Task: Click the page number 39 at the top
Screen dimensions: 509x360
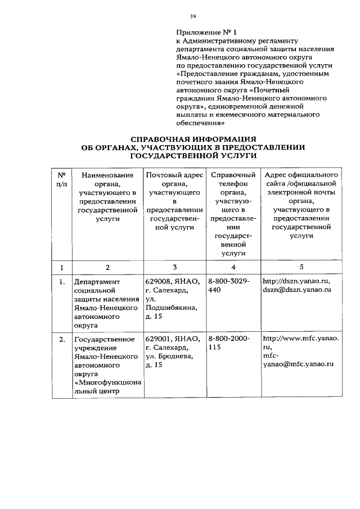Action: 192,17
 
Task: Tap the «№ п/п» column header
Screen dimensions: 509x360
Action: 62,179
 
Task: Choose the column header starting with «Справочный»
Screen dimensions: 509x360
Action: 232,214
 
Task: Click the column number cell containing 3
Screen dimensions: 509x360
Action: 175,267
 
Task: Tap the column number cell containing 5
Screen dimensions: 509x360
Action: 301,267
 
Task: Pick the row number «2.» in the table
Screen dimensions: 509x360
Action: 62,339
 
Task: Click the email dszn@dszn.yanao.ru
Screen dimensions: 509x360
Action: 296,290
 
